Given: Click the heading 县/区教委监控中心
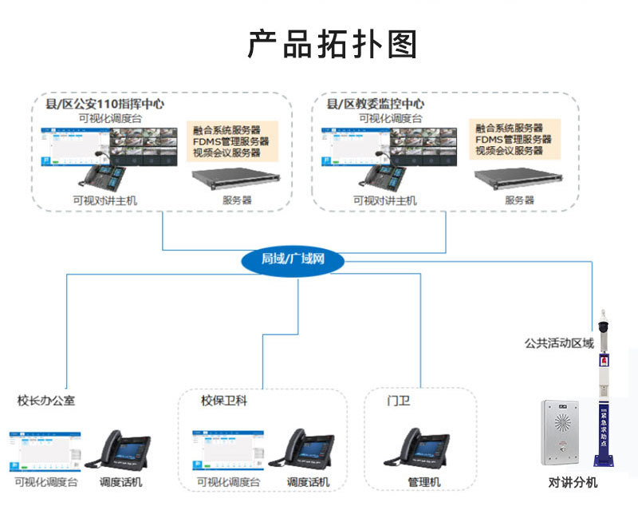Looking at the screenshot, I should coord(375,104).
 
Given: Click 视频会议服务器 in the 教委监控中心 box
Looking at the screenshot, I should coord(509,151).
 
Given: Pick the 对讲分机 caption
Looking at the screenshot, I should coord(573,483).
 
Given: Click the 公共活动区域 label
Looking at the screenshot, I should coord(559,343).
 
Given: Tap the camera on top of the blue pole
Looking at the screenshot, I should coord(604,323).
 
